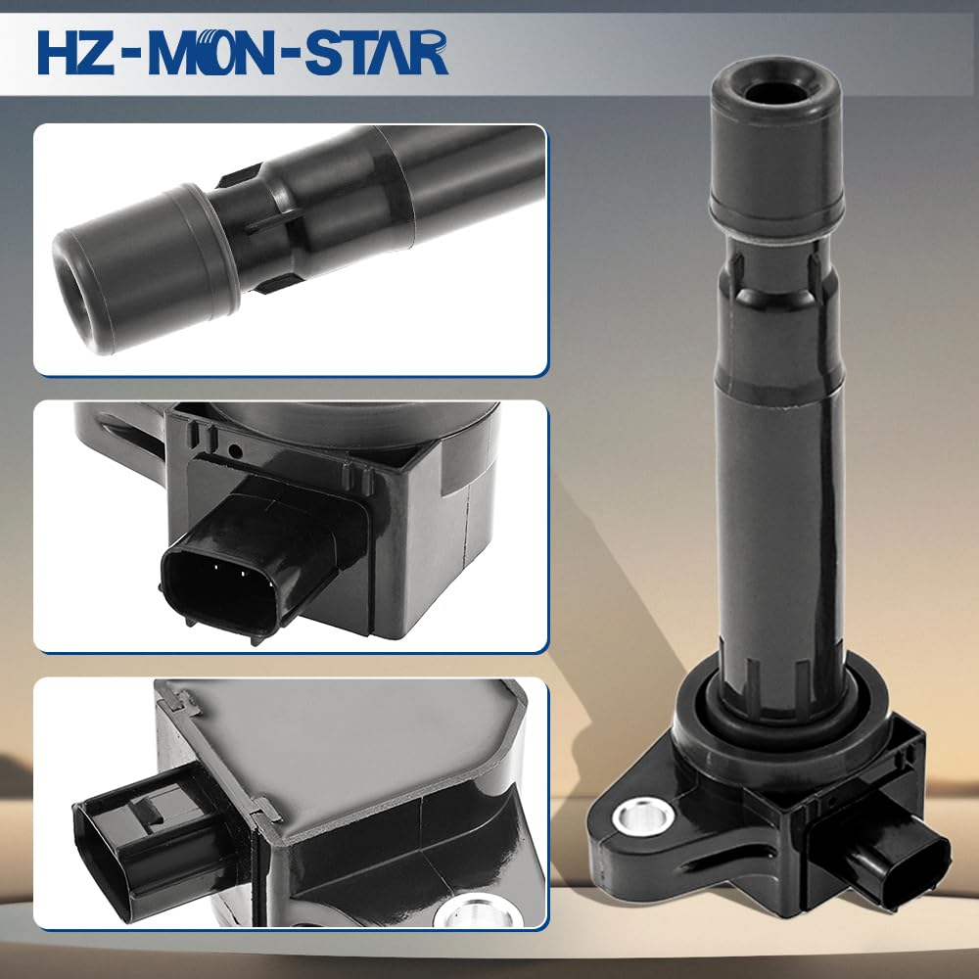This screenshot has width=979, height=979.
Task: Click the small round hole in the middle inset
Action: (235, 449)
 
